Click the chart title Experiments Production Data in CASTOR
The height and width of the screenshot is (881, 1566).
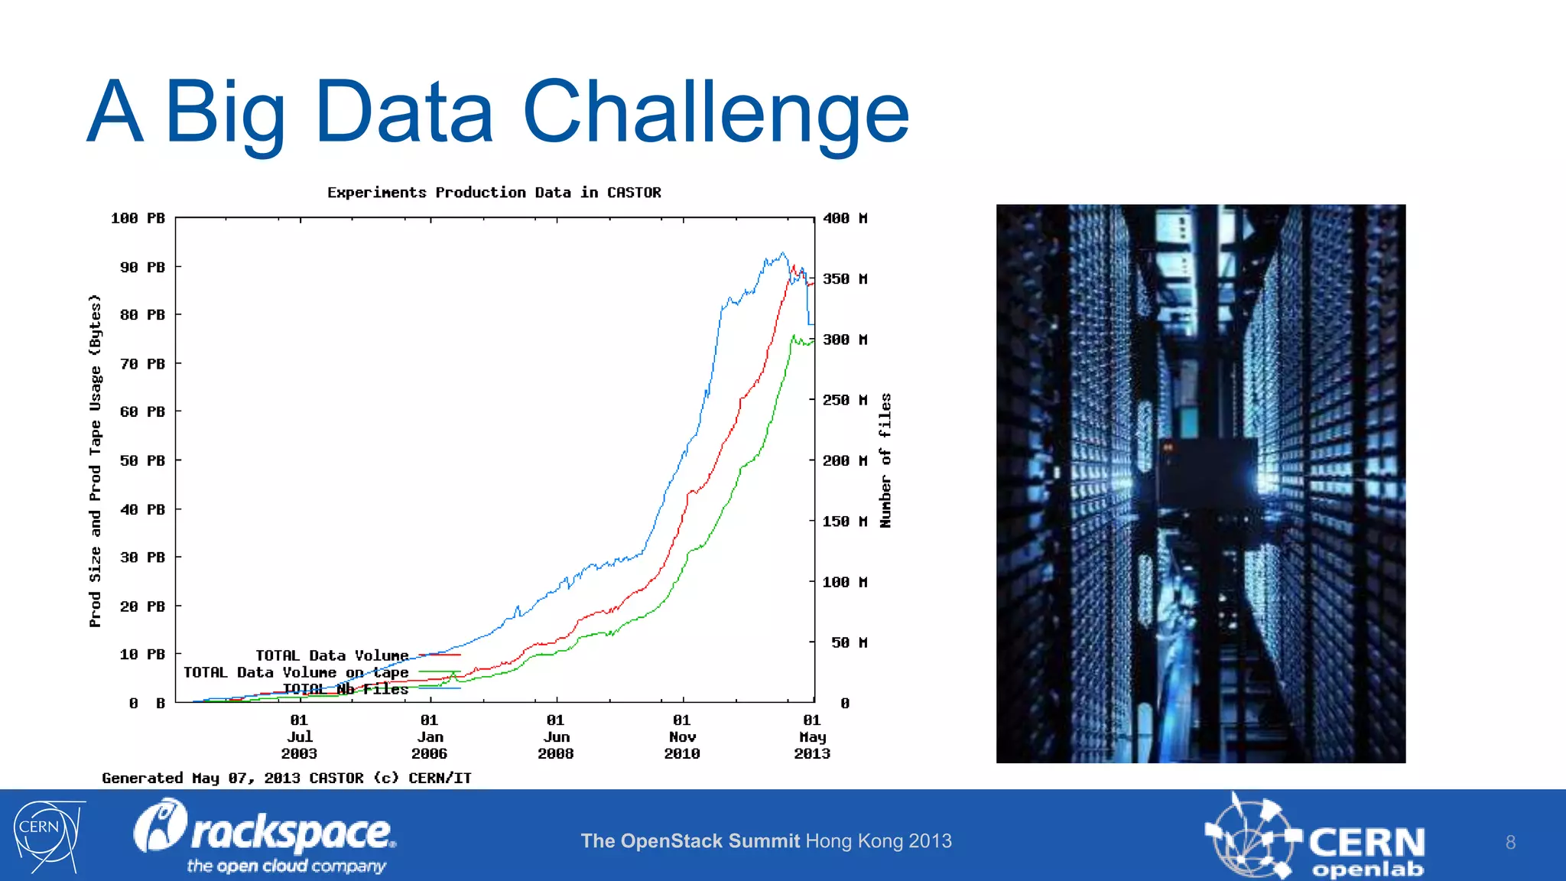coord(494,193)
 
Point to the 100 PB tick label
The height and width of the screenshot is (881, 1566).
coord(138,219)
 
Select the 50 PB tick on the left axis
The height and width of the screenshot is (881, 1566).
coord(142,460)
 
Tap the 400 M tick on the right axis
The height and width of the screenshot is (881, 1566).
coord(845,219)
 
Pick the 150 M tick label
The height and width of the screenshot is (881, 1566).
coord(845,522)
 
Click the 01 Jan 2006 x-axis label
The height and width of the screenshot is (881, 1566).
coord(429,736)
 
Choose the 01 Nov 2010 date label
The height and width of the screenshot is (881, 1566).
coord(682,736)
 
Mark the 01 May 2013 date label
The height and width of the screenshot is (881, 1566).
coord(812,736)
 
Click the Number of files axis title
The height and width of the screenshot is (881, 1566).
coord(885,460)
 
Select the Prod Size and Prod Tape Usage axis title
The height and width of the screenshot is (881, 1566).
coord(95,460)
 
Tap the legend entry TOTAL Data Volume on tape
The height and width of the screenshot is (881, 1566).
coord(296,673)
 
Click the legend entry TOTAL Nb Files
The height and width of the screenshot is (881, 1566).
coord(346,689)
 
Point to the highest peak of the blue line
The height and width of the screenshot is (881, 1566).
coord(782,253)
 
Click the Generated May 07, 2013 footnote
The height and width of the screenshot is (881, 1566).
coord(287,779)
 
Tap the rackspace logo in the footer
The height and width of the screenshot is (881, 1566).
coord(265,836)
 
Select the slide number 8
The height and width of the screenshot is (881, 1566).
coord(1510,843)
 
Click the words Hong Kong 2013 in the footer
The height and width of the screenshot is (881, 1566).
coord(879,841)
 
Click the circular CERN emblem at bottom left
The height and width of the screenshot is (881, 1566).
coord(46,835)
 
